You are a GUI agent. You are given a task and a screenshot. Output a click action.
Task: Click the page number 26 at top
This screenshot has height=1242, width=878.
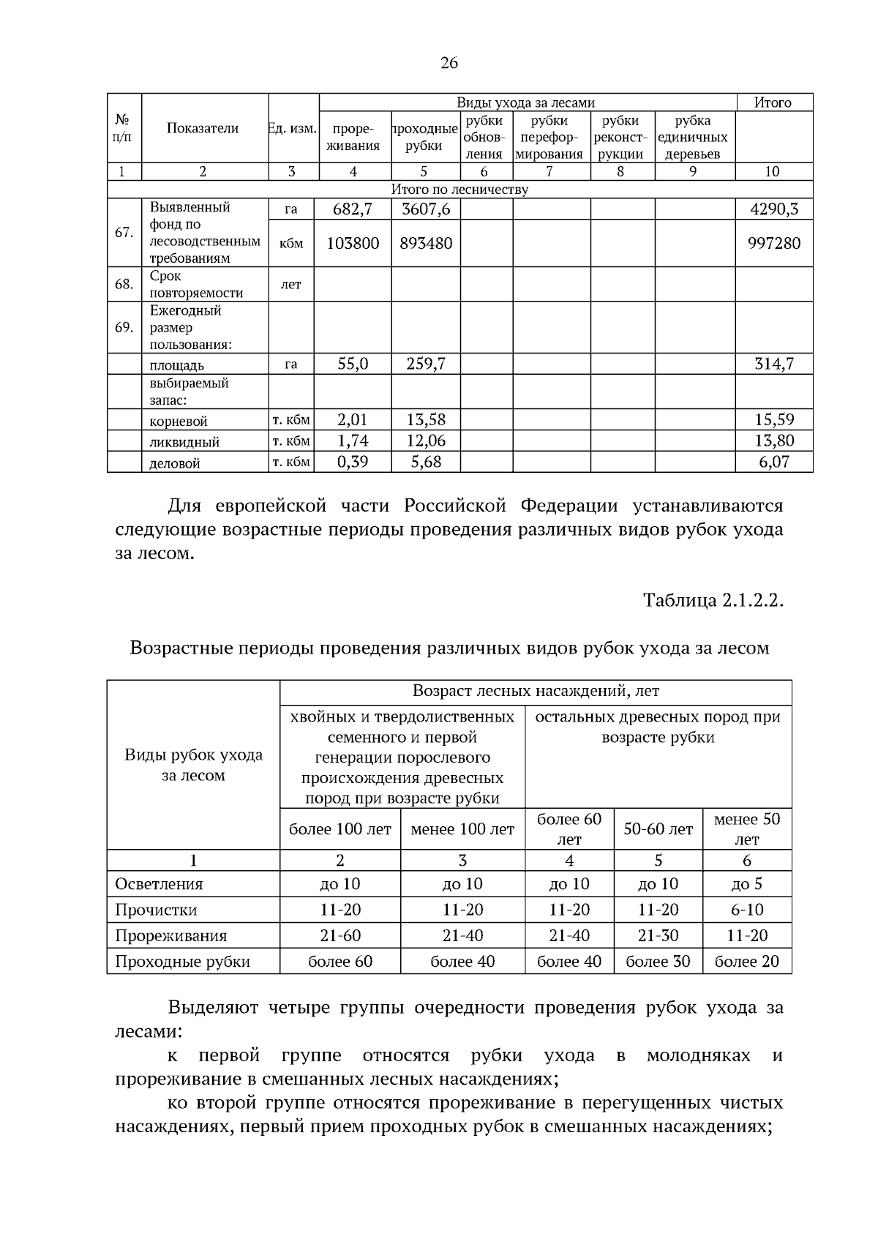(x=449, y=64)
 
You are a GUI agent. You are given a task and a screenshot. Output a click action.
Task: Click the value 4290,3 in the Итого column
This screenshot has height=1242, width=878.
(x=773, y=209)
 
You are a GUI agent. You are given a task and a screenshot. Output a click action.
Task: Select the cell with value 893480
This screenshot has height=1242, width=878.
(x=426, y=243)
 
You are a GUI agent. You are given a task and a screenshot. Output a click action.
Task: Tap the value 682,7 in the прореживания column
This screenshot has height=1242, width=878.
(x=353, y=209)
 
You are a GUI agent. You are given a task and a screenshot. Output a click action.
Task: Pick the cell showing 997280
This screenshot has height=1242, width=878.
(x=773, y=243)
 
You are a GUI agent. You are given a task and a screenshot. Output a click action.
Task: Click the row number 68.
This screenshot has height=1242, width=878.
(x=124, y=284)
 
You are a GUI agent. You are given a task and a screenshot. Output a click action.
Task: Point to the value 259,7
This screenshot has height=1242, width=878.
(x=426, y=364)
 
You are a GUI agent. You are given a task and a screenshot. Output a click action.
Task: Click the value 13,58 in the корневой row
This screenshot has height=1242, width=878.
(x=426, y=420)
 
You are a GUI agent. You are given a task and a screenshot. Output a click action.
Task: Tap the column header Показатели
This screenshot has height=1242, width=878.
(x=203, y=129)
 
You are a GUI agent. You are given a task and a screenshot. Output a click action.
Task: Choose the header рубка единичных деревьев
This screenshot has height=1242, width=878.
(x=693, y=137)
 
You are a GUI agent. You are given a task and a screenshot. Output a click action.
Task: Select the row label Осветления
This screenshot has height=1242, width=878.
(x=159, y=884)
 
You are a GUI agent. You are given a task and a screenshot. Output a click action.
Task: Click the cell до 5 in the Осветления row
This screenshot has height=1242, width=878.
(x=746, y=884)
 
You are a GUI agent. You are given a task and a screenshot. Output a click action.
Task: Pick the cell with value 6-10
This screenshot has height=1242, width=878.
(x=746, y=910)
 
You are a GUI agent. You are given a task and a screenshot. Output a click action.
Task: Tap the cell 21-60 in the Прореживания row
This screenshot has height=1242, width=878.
(x=340, y=935)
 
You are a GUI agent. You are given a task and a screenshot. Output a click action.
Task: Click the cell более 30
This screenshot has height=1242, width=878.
(x=658, y=962)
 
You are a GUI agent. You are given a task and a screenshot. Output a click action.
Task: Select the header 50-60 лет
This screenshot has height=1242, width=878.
(x=658, y=829)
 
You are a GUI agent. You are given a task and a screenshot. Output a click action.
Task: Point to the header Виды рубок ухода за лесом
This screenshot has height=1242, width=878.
(x=193, y=765)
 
